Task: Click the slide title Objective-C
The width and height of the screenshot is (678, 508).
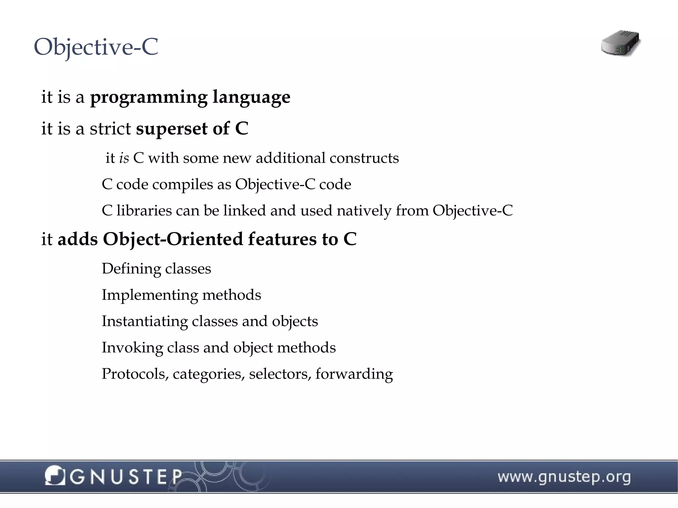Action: pos(96,47)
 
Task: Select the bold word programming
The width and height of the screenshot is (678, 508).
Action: pos(149,97)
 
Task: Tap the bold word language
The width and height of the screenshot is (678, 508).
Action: pos(251,97)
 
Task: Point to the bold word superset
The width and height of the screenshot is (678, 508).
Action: pos(172,129)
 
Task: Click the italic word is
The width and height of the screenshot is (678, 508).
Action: pos(124,158)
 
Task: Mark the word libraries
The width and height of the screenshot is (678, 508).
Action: pos(144,210)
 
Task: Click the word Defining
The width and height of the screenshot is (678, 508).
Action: pos(131,269)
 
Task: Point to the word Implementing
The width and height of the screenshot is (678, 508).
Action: pos(150,295)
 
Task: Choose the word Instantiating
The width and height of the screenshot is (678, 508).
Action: pos(145,321)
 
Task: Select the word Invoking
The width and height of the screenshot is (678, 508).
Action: pos(132,348)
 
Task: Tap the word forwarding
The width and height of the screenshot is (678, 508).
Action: pos(354,374)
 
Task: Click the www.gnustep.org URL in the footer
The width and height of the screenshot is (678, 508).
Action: pos(564,477)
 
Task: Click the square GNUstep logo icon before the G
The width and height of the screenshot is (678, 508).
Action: pos(55,476)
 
